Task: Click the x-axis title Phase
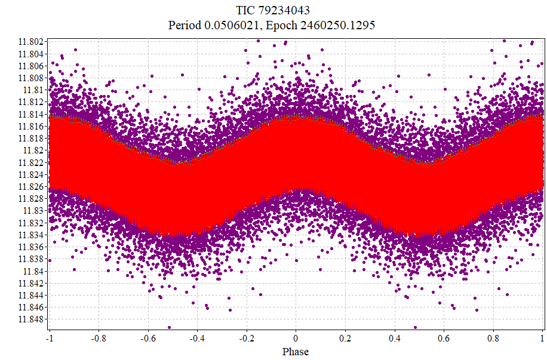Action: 296,352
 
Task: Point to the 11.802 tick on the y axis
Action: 31,41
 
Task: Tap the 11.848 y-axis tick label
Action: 31,319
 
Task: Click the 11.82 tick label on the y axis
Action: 33,150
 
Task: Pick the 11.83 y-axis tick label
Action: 33,210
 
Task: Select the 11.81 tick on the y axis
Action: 33,90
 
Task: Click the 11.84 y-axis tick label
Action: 33,270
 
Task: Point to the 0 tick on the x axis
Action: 296,337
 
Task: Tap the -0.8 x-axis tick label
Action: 98,337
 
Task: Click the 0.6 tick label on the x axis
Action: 444,337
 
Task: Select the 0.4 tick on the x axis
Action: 394,337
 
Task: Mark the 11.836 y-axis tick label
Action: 31,247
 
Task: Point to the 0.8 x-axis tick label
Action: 493,337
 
